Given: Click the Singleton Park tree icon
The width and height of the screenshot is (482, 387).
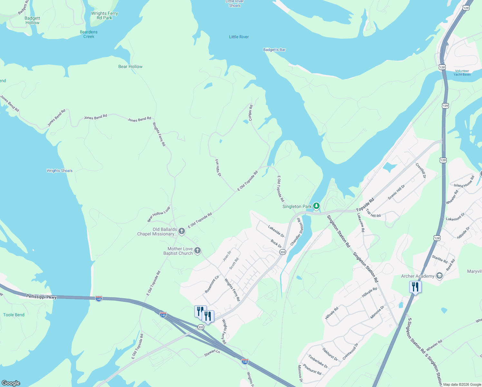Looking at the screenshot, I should point(316,206).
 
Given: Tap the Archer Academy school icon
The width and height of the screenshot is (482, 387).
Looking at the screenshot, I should point(439,276).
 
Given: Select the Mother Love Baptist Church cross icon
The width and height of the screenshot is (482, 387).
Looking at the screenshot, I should point(198,251).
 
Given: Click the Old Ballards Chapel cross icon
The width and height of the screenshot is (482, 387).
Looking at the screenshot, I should point(182,231).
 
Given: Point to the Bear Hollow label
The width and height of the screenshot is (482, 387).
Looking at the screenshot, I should point(130,66).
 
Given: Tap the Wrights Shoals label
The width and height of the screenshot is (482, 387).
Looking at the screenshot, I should point(60,171).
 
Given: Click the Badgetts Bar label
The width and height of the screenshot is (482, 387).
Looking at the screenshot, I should point(274,50).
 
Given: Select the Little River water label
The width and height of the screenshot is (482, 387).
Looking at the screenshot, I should point(239,37).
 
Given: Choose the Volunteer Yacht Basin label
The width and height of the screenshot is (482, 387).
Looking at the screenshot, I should point(462,73).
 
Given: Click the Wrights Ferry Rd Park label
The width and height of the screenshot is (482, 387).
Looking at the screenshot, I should point(104,15).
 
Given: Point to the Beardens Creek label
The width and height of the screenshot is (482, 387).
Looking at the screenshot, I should point(89,34).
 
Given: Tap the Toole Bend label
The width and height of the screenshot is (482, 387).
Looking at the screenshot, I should point(14,315).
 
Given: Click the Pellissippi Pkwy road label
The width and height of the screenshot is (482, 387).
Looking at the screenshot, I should point(41,297).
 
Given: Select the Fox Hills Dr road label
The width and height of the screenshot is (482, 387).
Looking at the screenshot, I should point(218,168).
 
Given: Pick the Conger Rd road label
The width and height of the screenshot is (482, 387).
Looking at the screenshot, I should point(250,113).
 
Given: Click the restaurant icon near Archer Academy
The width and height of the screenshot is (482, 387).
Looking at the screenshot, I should point(415,287).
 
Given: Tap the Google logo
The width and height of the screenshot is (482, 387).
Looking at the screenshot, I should point(11,383).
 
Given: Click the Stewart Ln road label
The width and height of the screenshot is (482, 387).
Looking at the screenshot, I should point(212,353).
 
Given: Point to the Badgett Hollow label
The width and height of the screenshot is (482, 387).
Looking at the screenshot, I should point(32,20).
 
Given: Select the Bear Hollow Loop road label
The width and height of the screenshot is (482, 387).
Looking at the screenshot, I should point(159,214).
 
